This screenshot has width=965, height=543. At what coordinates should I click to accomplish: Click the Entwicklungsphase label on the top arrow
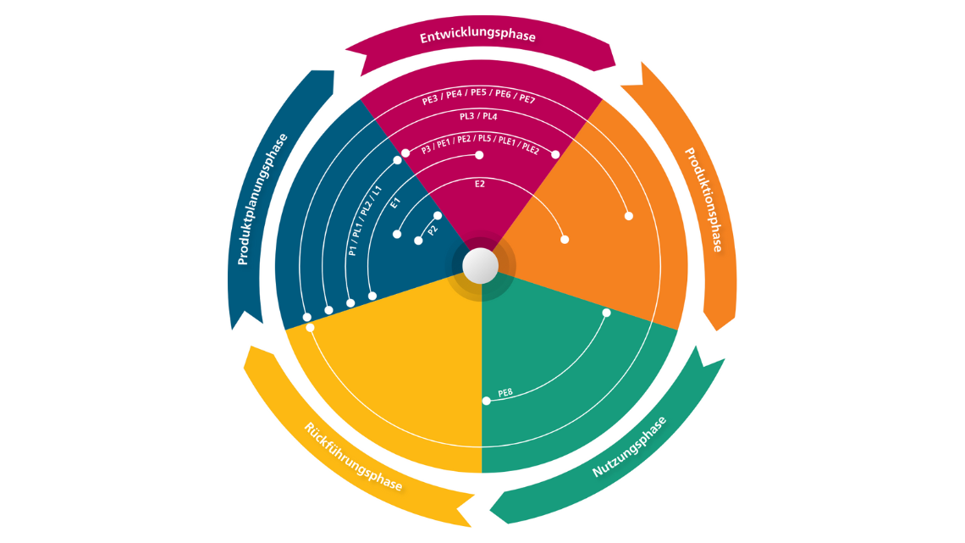tap(478, 36)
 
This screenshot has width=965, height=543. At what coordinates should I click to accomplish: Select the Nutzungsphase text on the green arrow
tap(628, 447)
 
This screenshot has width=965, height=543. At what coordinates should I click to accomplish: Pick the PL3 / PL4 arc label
tap(478, 116)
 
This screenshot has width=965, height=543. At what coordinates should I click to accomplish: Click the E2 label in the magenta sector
tap(479, 182)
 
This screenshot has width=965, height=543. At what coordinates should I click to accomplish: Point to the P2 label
tap(433, 230)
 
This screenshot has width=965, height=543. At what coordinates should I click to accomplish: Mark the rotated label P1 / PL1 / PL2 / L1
tap(365, 220)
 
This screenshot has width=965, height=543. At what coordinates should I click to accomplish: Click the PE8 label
tap(505, 393)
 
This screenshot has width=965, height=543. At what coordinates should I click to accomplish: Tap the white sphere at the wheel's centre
tap(481, 265)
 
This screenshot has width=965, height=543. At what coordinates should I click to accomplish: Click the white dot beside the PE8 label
tap(486, 401)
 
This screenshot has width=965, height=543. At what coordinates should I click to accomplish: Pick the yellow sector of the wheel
tap(398, 381)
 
